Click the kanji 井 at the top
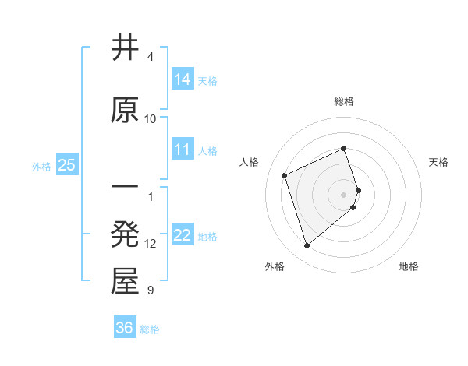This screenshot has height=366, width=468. pos(125,48)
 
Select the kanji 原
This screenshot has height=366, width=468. pos(125,110)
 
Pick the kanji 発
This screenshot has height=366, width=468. pos(125,235)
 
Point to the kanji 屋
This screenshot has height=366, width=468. pos(125,282)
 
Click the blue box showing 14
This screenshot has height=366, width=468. pos(183,79)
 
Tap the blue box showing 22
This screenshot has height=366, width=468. pos(183,234)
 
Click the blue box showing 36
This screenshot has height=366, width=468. pos(125,328)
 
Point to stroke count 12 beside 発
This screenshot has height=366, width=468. pos(151,244)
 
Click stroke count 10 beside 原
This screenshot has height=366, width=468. pos(151,118)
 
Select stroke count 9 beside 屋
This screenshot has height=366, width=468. pos(151,290)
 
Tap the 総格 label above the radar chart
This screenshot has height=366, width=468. pos(344,101)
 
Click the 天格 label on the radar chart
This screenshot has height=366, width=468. pos(438,162)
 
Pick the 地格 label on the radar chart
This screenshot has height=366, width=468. pos(409,266)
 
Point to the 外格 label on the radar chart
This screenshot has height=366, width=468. pos(275,266)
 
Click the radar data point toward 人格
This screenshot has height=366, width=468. pos(285,175)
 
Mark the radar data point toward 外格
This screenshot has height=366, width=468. pos(307,246)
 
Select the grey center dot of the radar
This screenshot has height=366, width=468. pos(344,194)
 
